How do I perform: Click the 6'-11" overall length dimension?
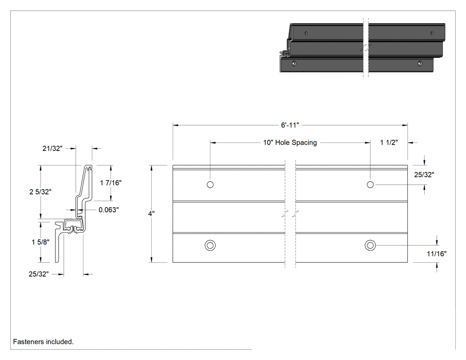pyautogui.click(x=290, y=125)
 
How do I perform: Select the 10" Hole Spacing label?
pyautogui.click(x=290, y=142)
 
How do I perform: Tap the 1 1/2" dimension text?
pyautogui.click(x=389, y=142)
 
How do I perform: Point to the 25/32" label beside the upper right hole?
pyautogui.click(x=424, y=175)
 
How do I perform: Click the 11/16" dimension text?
pyautogui.click(x=437, y=254)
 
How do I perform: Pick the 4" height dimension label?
pyautogui.click(x=151, y=214)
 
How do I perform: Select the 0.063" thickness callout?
pyautogui.click(x=108, y=210)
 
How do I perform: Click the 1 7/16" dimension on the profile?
pyautogui.click(x=111, y=183)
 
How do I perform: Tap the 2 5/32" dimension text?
pyautogui.click(x=40, y=192)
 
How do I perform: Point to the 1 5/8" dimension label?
pyautogui.click(x=40, y=242)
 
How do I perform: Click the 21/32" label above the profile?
pyautogui.click(x=52, y=148)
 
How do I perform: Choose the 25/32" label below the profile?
pyautogui.click(x=39, y=274)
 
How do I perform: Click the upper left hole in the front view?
pyautogui.click(x=210, y=185)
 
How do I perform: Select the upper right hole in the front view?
pyautogui.click(x=370, y=185)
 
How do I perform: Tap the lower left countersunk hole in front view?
pyautogui.click(x=210, y=245)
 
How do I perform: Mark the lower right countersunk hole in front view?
pyautogui.click(x=370, y=245)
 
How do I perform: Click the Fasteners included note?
pyautogui.click(x=43, y=342)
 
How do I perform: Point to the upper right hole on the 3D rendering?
pyautogui.click(x=432, y=33)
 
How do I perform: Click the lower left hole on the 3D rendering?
pyautogui.click(x=294, y=63)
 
